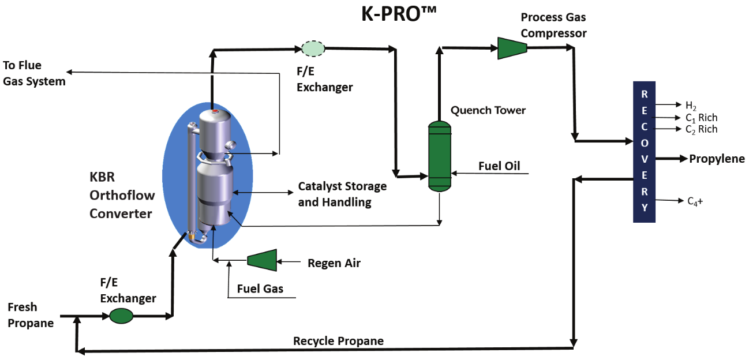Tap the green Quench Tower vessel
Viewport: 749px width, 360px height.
[x=439, y=156]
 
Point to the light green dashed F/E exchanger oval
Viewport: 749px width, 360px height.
[x=313, y=48]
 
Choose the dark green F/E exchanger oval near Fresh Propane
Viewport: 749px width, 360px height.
[x=121, y=316]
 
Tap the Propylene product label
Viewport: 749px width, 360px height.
[x=717, y=159]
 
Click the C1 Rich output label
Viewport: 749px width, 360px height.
[x=701, y=118]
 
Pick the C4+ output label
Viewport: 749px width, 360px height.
[x=694, y=201]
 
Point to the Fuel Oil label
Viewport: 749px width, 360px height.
[x=499, y=166]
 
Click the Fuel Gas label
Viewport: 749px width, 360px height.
[x=260, y=288]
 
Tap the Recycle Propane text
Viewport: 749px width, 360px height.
[x=338, y=341]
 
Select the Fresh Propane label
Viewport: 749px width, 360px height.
[x=30, y=315]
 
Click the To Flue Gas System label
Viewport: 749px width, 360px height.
[x=34, y=73]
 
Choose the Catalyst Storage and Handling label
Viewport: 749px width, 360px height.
[x=342, y=194]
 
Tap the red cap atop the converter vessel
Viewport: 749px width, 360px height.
[x=215, y=111]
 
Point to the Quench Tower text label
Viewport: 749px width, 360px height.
[x=488, y=110]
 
